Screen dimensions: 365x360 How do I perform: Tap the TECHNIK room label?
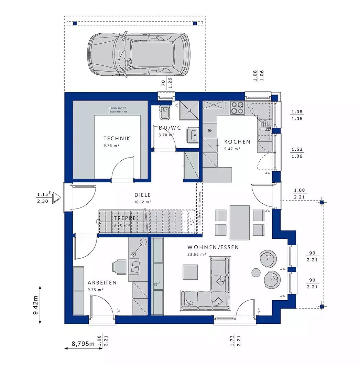pos(117,139)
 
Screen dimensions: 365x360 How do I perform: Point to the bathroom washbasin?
pos(192,135)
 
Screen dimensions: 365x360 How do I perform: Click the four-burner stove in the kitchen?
pos(237,107)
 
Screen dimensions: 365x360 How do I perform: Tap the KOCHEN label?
pos(237,142)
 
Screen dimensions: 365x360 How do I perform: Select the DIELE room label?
pos(143,195)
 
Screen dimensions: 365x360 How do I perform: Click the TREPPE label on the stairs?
pos(122,218)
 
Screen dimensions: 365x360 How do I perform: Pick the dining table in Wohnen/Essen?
pos(239,222)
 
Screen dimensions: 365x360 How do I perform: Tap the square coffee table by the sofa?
pos(190,272)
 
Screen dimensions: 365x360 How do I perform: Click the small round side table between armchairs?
pos(257,272)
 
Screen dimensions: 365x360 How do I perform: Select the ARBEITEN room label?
pos(102,282)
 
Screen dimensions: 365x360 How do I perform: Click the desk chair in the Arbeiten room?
pos(119,266)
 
